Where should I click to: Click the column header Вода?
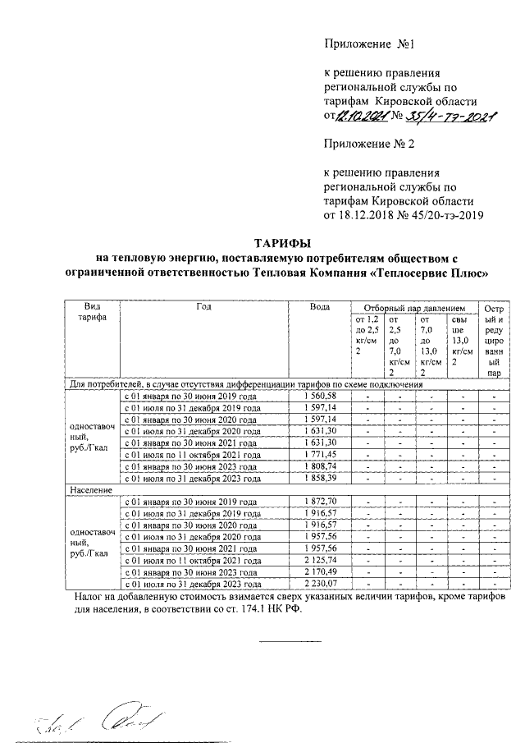(x=319, y=306)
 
